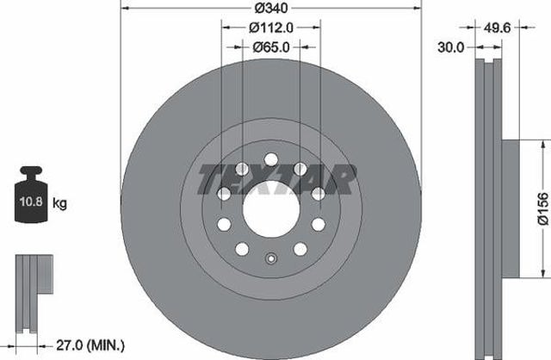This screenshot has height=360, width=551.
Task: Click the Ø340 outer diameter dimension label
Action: coord(271,8)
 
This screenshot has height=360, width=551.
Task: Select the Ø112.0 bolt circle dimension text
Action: coord(271,28)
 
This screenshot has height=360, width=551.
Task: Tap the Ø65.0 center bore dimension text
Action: coord(271,47)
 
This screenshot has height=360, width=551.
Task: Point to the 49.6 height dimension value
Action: coord(497,28)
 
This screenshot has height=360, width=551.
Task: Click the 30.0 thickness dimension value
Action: coord(451,47)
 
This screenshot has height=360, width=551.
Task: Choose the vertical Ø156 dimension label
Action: coord(543,208)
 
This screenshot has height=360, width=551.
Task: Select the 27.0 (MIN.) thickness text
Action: coord(90,345)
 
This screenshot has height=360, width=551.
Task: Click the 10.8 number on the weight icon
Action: coord(31,202)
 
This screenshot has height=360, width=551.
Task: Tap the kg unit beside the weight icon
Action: coord(59,203)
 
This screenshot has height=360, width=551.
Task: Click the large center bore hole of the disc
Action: coord(271,209)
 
